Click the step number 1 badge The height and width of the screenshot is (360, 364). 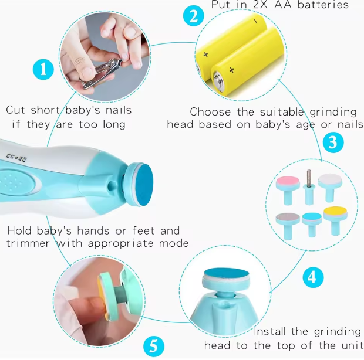[x=43, y=69]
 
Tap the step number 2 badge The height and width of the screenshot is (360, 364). [x=194, y=16]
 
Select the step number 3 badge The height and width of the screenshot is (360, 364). [x=333, y=142]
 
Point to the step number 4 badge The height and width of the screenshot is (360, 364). [x=313, y=277]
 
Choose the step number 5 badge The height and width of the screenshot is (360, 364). [x=154, y=347]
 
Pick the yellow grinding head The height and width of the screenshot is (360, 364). [x=335, y=220]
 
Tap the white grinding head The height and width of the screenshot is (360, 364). [x=330, y=187]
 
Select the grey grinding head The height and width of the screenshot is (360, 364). [x=288, y=226]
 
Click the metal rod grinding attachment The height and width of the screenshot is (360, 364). [x=309, y=187]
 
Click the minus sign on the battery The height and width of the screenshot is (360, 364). [x=255, y=22]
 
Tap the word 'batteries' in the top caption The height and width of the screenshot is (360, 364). [x=323, y=5]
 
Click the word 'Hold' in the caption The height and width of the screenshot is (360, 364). [x=19, y=231]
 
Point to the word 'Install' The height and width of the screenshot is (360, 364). [x=269, y=331]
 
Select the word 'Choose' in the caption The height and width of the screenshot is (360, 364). [x=210, y=112]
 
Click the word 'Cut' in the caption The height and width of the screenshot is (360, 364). [x=15, y=110]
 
